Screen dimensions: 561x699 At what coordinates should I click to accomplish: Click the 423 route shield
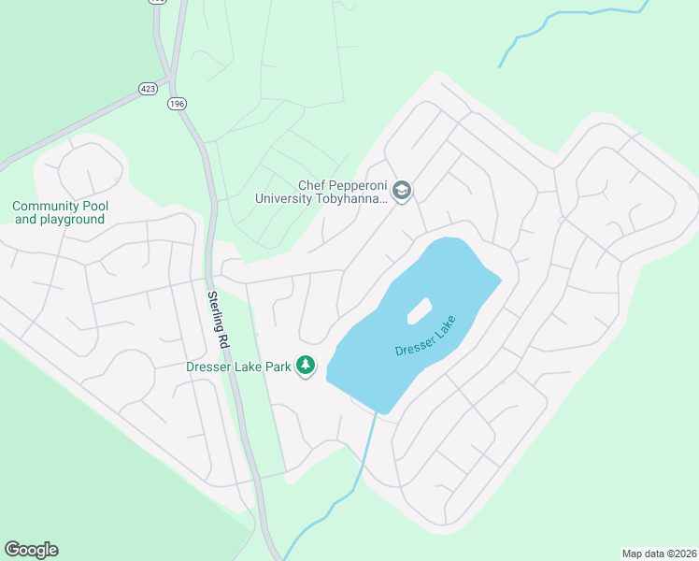tap(148, 88)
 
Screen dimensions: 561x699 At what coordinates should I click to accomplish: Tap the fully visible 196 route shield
tap(177, 103)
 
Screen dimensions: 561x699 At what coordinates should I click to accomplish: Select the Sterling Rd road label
tap(217, 319)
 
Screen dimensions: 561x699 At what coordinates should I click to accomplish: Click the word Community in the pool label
tap(48, 207)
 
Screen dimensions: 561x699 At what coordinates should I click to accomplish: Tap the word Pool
tap(95, 207)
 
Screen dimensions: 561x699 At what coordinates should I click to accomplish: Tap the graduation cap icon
tap(402, 192)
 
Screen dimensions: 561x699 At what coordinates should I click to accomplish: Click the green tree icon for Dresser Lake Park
tap(305, 365)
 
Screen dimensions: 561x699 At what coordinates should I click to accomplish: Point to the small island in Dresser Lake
tap(419, 310)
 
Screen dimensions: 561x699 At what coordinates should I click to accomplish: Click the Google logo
tap(31, 550)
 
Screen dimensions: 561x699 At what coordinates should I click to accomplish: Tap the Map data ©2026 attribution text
tap(659, 553)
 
